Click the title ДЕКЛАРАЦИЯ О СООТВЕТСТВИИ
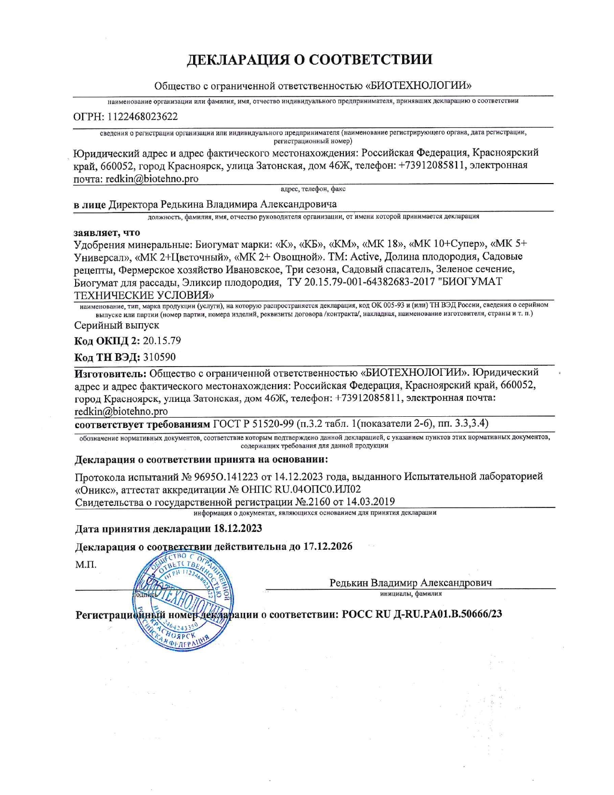tap(309, 59)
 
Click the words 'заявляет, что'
tap(107, 232)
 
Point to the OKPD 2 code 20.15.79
tap(162, 341)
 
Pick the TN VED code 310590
tap(159, 357)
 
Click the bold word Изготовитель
tap(110, 372)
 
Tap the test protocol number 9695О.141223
tap(226, 477)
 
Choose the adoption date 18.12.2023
tap(237, 529)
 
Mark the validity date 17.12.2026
tap(327, 546)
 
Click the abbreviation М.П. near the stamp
tap(86, 564)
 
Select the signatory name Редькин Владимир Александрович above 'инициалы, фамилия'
tap(410, 583)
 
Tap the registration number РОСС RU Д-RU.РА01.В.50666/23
tap(421, 614)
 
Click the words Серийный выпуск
tap(117, 325)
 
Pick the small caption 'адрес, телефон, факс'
tap(313, 189)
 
